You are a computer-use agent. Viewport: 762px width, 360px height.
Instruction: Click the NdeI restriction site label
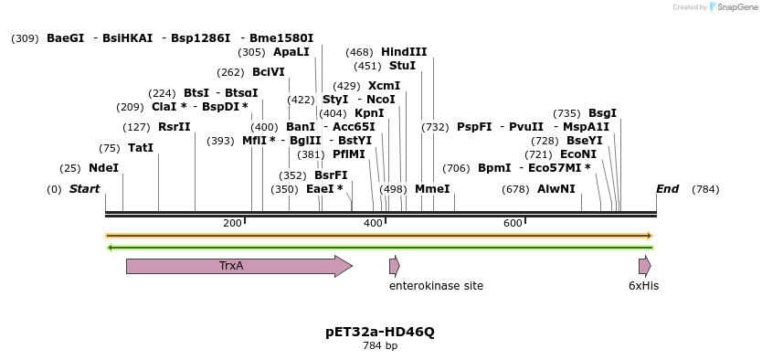tap(103, 168)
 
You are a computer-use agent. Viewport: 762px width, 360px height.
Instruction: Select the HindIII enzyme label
tap(404, 52)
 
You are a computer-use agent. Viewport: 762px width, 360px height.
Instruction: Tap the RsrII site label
tap(175, 127)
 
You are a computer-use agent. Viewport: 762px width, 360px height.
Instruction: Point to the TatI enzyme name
tap(141, 148)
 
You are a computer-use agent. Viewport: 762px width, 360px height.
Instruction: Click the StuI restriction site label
tap(402, 66)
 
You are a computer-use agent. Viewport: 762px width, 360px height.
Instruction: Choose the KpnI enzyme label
tap(369, 113)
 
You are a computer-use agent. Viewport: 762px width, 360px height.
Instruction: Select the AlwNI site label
tap(556, 189)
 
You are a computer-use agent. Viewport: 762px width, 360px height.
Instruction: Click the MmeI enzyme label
tap(432, 189)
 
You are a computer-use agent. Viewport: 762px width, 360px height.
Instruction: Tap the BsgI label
tap(602, 113)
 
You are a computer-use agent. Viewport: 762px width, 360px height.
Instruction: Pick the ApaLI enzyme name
tap(291, 52)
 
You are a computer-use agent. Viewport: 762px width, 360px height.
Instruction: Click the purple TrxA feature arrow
tap(239, 266)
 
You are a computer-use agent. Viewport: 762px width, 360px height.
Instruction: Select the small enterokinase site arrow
tap(395, 266)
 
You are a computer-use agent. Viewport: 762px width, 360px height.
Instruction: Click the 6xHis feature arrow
tap(645, 266)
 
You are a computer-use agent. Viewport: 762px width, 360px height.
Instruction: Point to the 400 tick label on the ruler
tap(373, 223)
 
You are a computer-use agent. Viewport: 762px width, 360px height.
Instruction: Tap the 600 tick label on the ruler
tap(513, 223)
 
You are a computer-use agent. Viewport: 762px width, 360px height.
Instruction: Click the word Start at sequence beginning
tap(85, 189)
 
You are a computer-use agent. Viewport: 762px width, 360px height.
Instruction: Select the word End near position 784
tap(668, 189)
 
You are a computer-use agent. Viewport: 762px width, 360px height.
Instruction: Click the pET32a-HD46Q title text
tap(380, 333)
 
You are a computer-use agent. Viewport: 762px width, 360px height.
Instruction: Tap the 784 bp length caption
tap(380, 346)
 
